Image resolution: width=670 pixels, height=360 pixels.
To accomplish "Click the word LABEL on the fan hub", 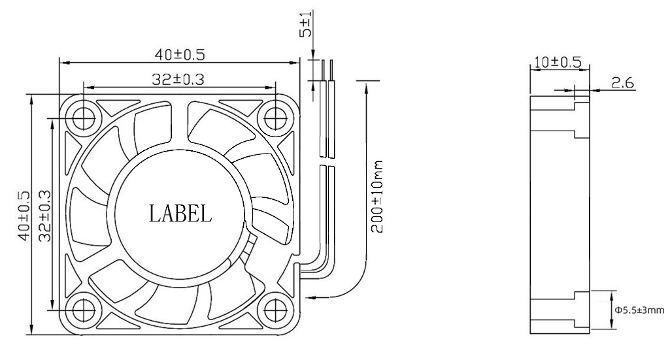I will [x=180, y=213].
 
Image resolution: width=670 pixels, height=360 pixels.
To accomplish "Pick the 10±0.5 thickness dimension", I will [x=557, y=62].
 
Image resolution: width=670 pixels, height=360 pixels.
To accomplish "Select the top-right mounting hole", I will [x=273, y=118].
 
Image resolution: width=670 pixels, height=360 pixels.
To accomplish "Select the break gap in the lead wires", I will [x=327, y=161].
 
